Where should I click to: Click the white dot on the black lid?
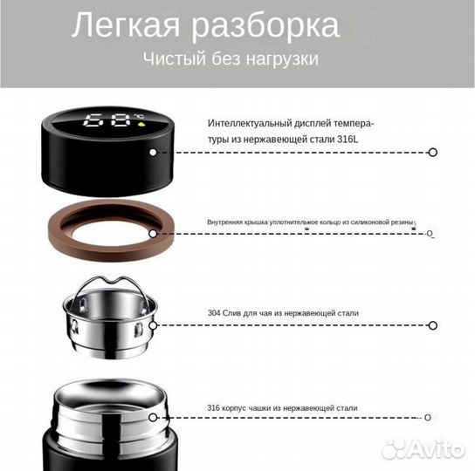click(153, 152)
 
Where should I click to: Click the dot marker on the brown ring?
click(153, 234)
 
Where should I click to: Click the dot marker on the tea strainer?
click(153, 325)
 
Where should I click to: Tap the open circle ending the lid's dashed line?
click(432, 152)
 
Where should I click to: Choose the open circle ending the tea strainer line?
click(432, 325)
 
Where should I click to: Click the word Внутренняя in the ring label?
click(224, 222)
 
